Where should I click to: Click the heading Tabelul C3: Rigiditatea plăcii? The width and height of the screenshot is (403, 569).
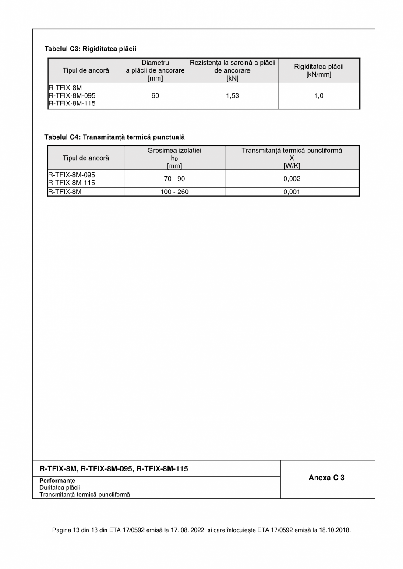point(90,49)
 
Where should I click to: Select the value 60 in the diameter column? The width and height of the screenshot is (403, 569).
point(155,95)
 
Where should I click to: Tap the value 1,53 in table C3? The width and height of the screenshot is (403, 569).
point(233,95)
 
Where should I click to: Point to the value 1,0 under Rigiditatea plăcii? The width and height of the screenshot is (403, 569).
point(319,95)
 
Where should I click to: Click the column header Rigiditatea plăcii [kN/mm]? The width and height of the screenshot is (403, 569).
point(319,70)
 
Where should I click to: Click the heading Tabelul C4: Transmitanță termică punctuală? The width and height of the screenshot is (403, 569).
point(114,137)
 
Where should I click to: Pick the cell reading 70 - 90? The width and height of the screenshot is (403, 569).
point(174,179)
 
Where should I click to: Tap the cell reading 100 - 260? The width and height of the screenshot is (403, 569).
point(174,192)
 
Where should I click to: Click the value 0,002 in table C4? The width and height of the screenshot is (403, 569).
point(292,179)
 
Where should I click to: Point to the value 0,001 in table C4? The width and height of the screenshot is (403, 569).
point(292,192)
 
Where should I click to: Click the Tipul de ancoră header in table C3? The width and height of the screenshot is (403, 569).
point(86,70)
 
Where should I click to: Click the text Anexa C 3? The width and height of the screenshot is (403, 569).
point(326,478)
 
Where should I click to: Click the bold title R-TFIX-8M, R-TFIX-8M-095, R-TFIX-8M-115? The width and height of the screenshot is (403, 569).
point(114,469)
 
